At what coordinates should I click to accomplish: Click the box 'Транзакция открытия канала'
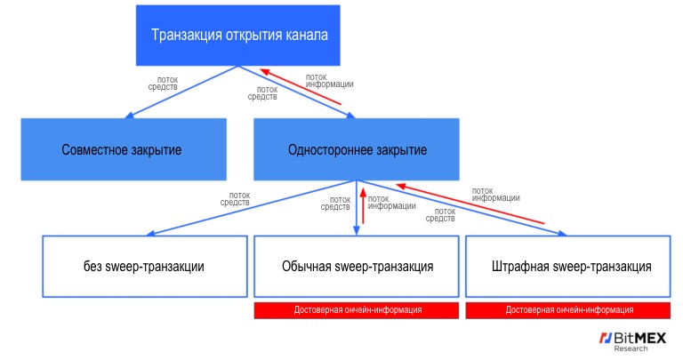pos(239,36)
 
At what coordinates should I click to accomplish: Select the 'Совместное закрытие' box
pos(122,149)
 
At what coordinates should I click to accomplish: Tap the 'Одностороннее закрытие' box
pos(357,149)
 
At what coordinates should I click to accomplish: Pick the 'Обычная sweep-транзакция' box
pos(357,266)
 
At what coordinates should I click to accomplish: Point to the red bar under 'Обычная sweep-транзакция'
pos(357,309)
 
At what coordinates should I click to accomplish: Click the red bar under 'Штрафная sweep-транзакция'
pos(567,309)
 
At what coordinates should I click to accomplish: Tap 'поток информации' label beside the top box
pos(328,80)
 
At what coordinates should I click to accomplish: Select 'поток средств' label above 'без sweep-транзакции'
pos(235,199)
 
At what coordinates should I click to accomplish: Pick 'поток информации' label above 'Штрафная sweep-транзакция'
pos(495,194)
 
